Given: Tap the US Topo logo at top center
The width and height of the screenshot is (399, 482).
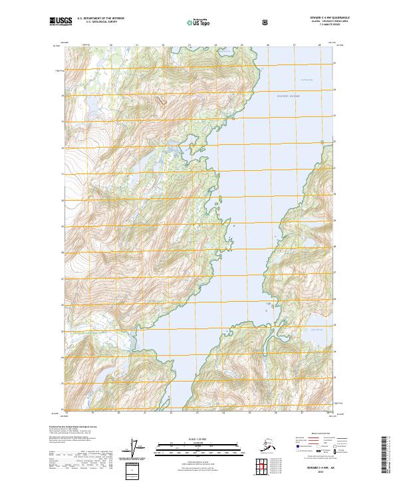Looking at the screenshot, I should pos(199,22).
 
